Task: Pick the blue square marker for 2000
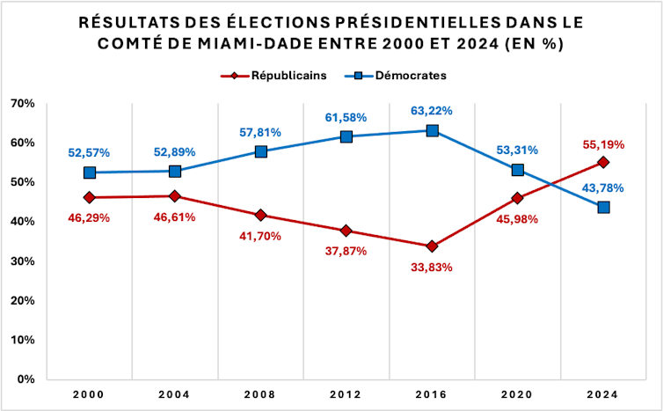click(90, 172)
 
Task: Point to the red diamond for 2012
click(346, 231)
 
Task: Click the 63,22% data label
click(431, 110)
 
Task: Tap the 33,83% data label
click(431, 267)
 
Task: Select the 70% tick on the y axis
click(21, 104)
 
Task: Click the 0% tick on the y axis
click(24, 379)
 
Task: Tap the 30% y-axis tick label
click(21, 261)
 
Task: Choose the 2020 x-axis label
click(518, 394)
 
